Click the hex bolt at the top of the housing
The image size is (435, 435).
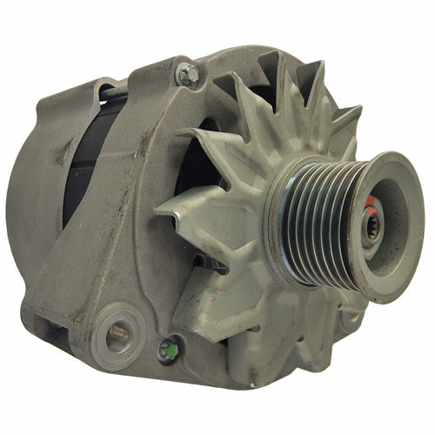pyautogui.click(x=185, y=74)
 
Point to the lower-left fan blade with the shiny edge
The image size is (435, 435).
pyautogui.click(x=213, y=287)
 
